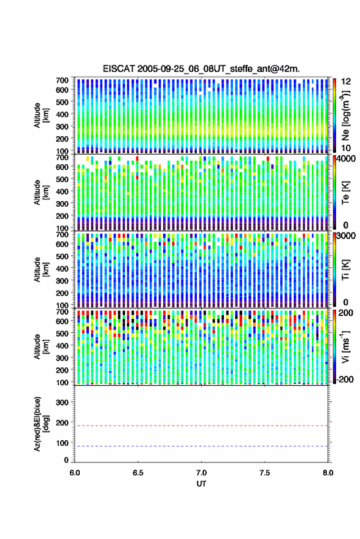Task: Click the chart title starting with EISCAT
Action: [x=201, y=69]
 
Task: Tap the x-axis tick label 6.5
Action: [x=138, y=473]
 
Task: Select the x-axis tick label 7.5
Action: [x=264, y=473]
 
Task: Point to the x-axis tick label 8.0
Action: [x=328, y=473]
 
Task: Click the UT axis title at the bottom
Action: [x=201, y=484]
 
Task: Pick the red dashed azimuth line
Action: [x=201, y=426]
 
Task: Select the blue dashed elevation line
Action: [x=201, y=446]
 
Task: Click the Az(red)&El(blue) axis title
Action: [x=41, y=424]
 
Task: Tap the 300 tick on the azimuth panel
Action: [x=62, y=402]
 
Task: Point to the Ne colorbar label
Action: [x=346, y=115]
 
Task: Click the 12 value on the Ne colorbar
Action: [x=346, y=82]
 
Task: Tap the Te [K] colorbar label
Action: [x=345, y=193]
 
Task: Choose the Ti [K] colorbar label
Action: [x=345, y=269]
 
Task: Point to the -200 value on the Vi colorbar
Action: [x=345, y=379]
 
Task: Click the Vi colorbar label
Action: [x=345, y=346]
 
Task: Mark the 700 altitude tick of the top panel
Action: [x=62, y=80]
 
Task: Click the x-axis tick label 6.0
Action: [x=75, y=473]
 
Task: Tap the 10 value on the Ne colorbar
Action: [x=346, y=148]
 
